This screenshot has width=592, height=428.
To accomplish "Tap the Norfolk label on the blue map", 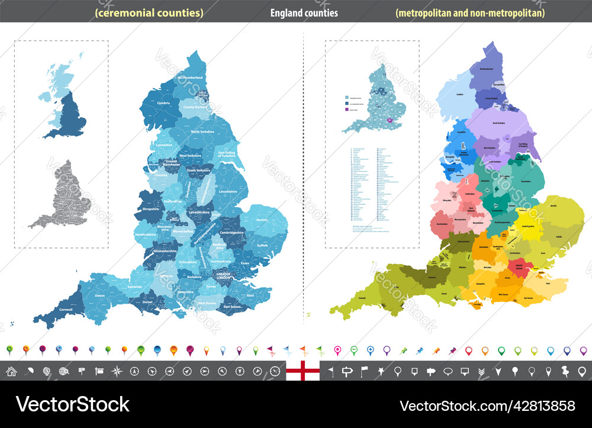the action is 262,220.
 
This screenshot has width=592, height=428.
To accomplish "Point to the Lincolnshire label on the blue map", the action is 227,192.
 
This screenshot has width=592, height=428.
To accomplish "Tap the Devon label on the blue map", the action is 99,295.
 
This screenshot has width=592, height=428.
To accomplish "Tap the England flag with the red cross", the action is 303,371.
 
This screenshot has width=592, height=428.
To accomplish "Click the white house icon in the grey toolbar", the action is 11,372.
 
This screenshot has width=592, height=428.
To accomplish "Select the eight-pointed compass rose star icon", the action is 117,372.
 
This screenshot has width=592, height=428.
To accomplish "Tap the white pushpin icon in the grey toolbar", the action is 565,372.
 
